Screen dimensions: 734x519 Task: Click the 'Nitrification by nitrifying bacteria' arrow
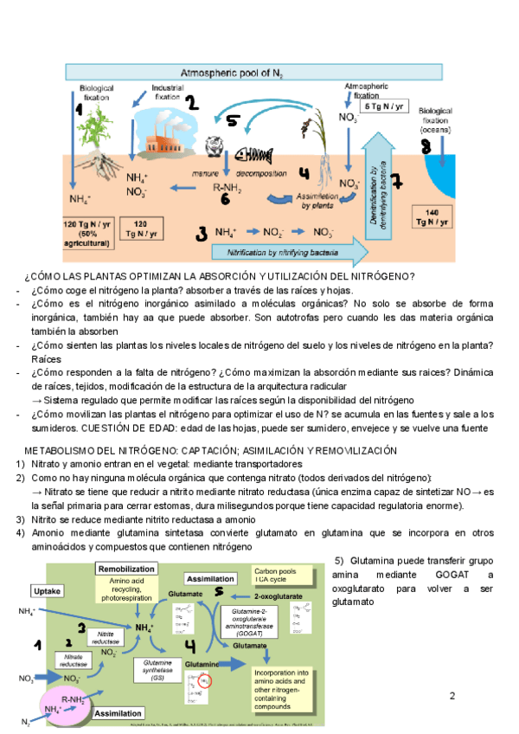[285, 250]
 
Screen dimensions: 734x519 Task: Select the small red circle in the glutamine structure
[205, 681]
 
